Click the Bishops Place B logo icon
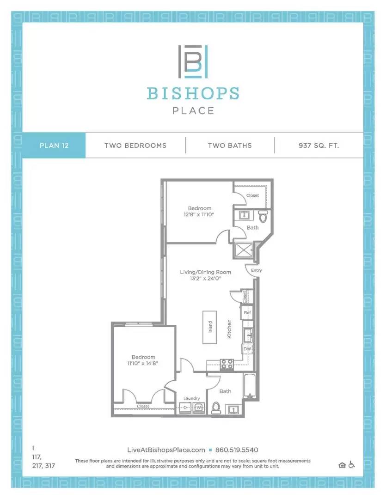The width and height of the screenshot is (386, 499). pyautogui.click(x=193, y=62)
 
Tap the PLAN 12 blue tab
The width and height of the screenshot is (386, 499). pyautogui.click(x=54, y=145)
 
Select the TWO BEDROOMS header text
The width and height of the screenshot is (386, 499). pyautogui.click(x=135, y=145)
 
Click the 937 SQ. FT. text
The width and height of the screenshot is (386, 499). pyautogui.click(x=319, y=145)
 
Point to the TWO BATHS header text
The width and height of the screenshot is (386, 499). pyautogui.click(x=230, y=145)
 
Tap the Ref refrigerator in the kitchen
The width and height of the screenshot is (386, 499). pyautogui.click(x=247, y=313)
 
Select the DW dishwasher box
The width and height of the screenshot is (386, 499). pyautogui.click(x=247, y=349)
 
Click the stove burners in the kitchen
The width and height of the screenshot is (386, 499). pyautogui.click(x=227, y=364)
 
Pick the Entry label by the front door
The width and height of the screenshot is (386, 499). pyautogui.click(x=256, y=270)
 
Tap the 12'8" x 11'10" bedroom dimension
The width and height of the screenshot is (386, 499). pyautogui.click(x=199, y=215)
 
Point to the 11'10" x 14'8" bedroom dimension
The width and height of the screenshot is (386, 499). pyautogui.click(x=143, y=364)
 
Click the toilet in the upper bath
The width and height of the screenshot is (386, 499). pyautogui.click(x=263, y=216)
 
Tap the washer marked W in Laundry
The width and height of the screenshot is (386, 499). pyautogui.click(x=198, y=408)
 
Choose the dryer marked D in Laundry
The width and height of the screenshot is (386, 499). pyautogui.click(x=185, y=408)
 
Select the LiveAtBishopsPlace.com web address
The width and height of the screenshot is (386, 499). pyautogui.click(x=165, y=450)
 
